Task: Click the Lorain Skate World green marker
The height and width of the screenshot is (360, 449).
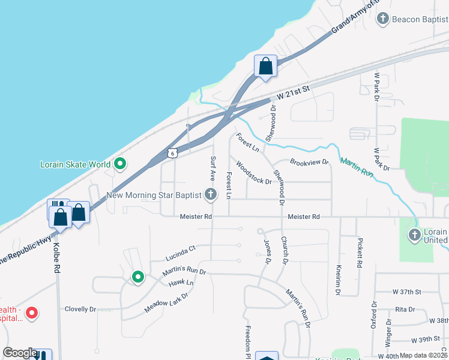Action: [120, 163]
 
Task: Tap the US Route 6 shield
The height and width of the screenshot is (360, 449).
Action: [173, 154]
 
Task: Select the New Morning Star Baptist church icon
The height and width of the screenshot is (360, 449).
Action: [210, 194]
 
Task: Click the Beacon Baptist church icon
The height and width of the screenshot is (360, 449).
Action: [382, 19]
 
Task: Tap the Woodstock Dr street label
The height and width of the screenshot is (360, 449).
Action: [254, 173]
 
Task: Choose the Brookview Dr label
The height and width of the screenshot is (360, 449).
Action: [310, 162]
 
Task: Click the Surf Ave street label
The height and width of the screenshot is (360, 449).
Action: [212, 169]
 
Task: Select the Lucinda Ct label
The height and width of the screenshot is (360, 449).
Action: [180, 253]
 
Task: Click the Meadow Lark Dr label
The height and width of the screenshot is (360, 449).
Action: [166, 303]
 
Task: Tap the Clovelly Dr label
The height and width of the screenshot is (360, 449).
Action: [80, 309]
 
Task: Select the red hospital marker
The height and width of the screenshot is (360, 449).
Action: [31, 313]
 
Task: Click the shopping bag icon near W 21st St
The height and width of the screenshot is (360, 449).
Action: [265, 65]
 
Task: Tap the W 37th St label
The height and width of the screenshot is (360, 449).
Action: [408, 292]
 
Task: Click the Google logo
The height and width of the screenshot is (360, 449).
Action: [20, 353]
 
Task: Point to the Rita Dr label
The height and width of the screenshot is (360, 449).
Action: [405, 310]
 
